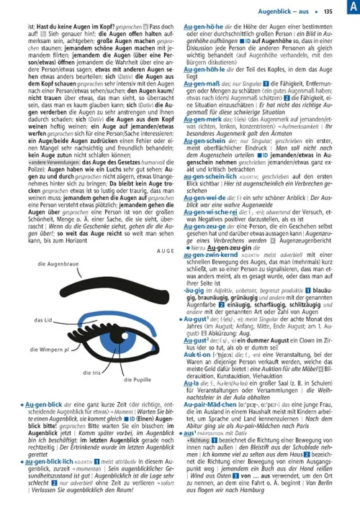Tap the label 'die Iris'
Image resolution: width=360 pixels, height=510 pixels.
(92, 373)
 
